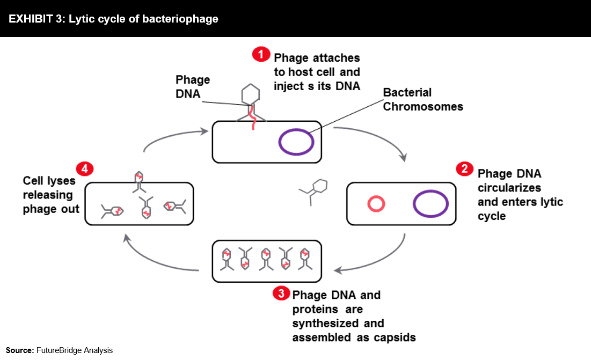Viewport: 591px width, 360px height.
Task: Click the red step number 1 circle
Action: [261, 54]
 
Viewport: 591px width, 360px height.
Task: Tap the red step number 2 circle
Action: [464, 168]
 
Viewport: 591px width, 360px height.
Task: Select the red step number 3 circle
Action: [281, 293]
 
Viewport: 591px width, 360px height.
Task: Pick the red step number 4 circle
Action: [85, 168]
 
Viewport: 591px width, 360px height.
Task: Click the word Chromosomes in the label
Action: [423, 107]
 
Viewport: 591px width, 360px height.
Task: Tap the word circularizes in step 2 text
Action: [509, 188]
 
